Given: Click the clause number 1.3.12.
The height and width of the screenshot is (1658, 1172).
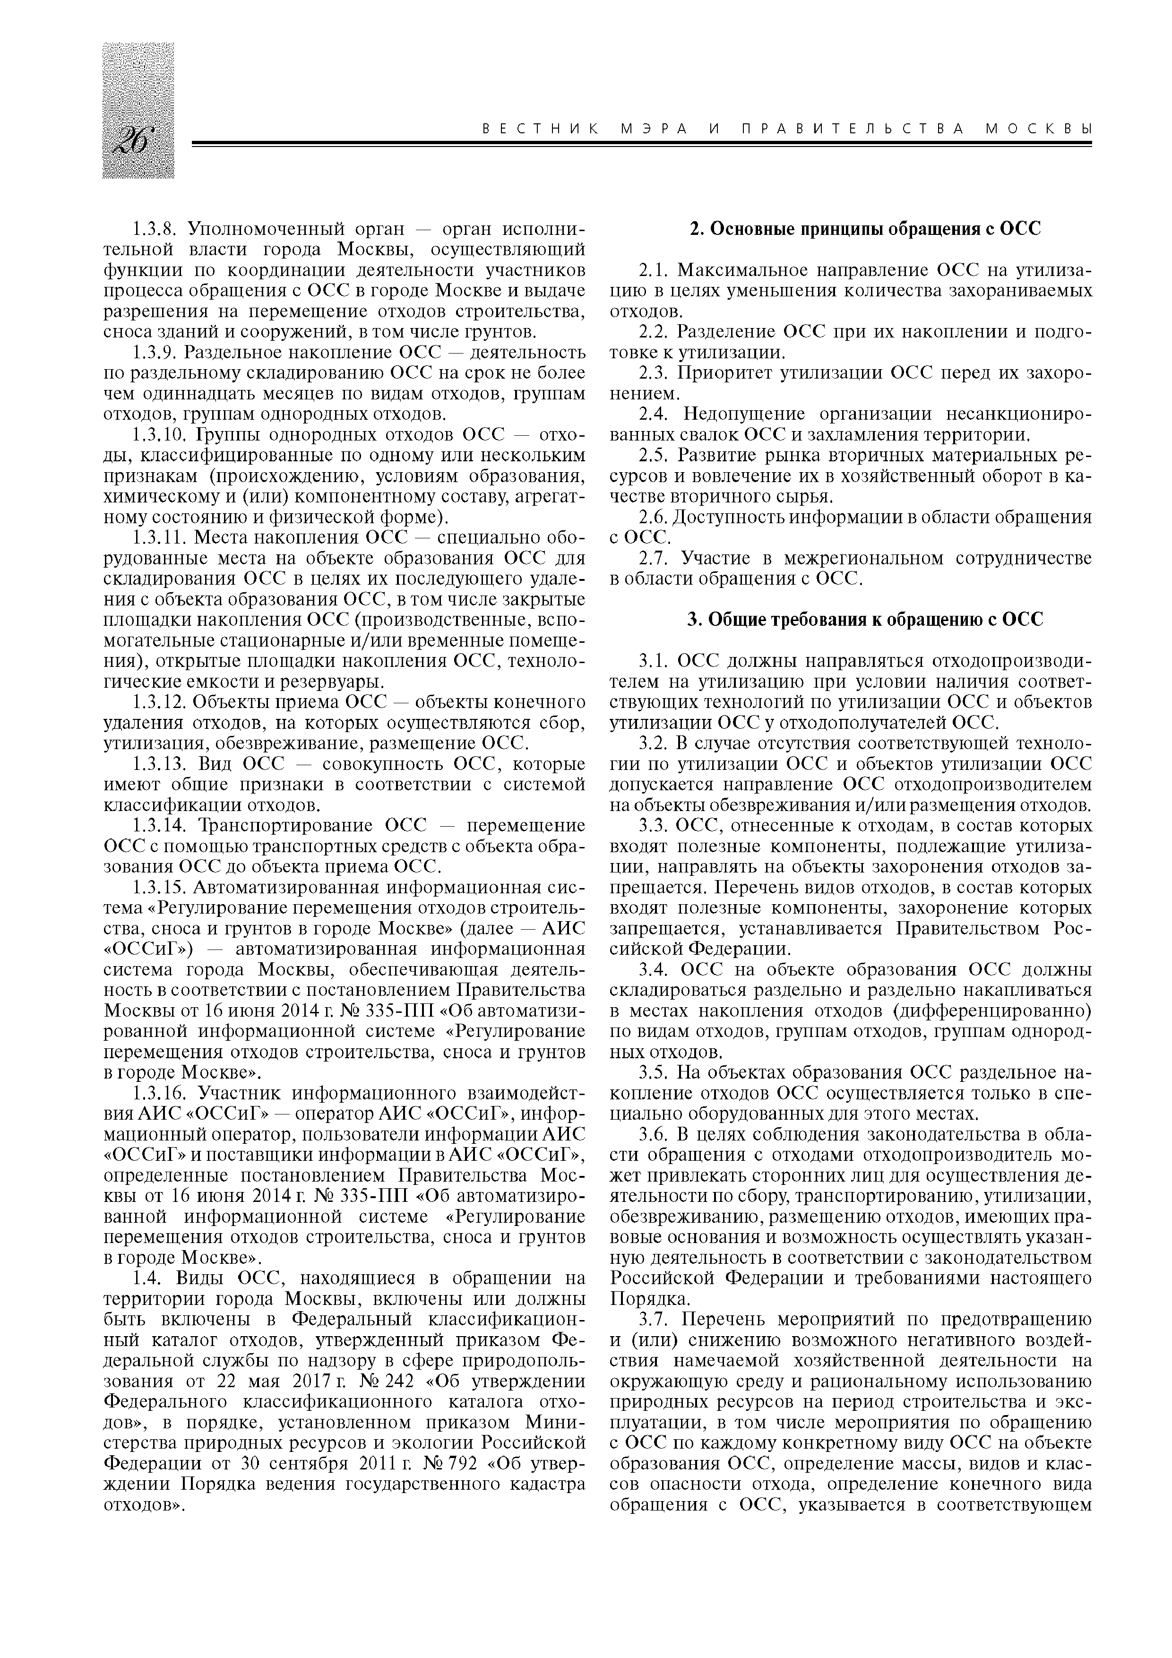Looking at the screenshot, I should tap(160, 703).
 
